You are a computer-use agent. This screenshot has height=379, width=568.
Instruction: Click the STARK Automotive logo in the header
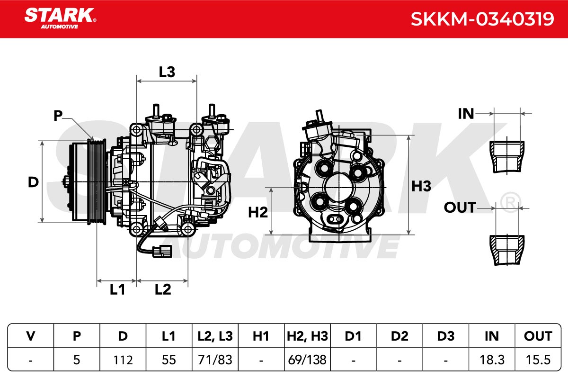(60, 18)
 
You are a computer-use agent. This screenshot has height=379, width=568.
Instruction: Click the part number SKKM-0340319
(482, 19)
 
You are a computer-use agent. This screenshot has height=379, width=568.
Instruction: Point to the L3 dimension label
(167, 72)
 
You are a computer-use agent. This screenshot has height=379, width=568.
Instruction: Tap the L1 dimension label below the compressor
(117, 289)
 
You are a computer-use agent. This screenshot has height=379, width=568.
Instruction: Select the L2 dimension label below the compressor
(163, 289)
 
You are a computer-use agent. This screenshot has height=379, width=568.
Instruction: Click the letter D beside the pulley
(33, 182)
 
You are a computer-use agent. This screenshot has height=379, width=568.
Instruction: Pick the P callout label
(58, 116)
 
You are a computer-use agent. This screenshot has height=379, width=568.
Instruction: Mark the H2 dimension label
(257, 212)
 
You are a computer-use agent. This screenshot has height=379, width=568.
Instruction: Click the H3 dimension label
(421, 186)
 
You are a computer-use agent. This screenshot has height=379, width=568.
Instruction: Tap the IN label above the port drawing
(466, 114)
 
